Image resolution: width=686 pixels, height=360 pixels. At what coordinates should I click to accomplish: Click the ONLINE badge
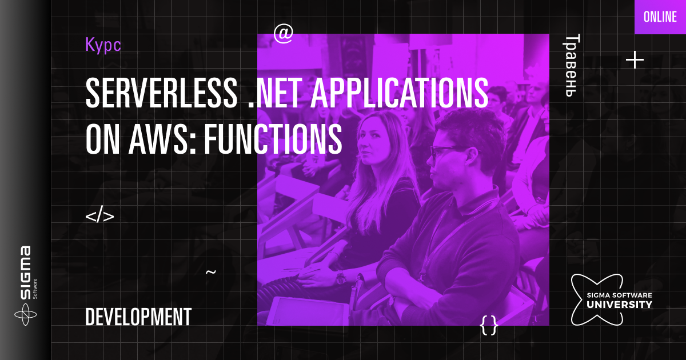coord(660,17)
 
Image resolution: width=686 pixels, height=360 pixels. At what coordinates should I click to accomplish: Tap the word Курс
coord(103,45)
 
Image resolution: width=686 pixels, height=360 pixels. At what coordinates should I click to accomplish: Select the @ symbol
coord(283,34)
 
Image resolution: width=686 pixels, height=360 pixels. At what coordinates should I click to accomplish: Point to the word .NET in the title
coord(272,93)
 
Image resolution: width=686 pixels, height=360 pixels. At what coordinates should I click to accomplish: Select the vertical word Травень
coord(573,66)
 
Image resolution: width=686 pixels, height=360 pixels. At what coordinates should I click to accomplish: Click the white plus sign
coord(635,60)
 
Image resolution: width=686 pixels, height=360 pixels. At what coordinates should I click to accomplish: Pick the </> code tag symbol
coord(99,217)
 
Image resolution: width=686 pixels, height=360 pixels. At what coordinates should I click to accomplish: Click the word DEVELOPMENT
coord(138,317)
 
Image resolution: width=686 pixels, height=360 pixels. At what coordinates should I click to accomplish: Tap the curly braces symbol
coord(489,326)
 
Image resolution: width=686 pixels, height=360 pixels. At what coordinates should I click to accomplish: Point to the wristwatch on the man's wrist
coord(341,278)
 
